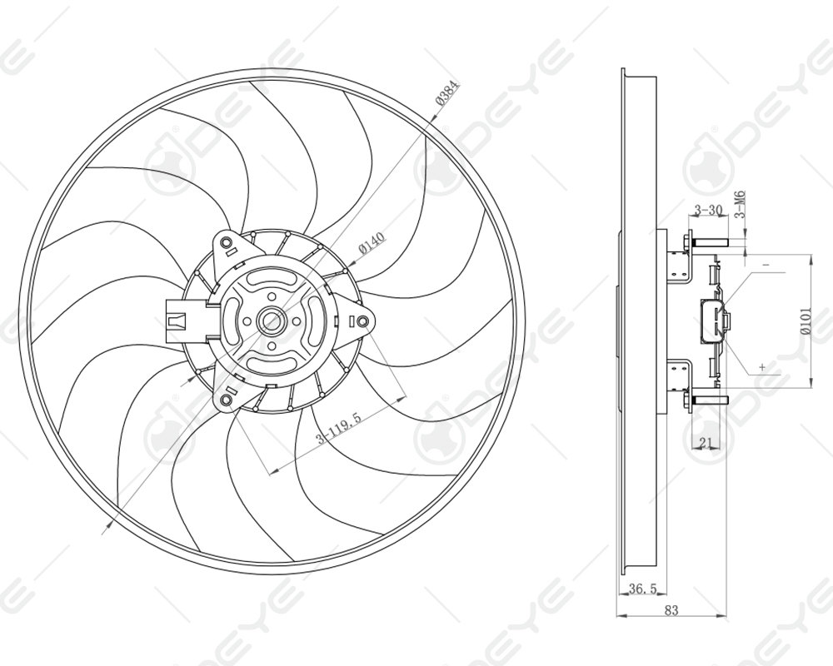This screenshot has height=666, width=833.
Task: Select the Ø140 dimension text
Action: point(372,243)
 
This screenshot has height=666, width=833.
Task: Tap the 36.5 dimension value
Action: point(642,589)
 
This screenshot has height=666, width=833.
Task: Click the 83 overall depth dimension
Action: point(671,610)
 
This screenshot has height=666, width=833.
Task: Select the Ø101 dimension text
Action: point(806,321)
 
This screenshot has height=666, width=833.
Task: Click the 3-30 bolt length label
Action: point(708,210)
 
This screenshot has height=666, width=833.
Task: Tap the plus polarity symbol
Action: point(761,366)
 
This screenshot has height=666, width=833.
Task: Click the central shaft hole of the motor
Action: point(272,321)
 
